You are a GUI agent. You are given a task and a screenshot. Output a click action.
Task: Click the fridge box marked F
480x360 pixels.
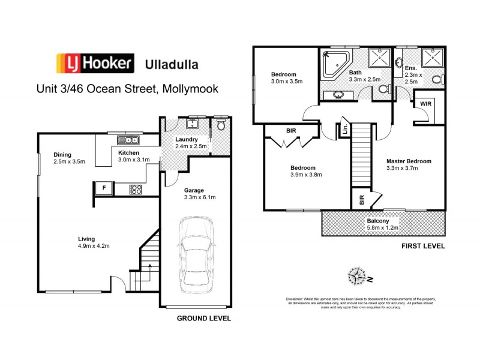click(x=104, y=188)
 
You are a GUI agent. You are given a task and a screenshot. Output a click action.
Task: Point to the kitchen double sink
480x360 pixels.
click(x=128, y=140)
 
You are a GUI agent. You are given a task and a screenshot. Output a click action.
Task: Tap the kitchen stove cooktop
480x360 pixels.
click(x=136, y=190)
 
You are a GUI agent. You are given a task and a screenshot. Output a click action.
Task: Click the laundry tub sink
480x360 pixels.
click(x=193, y=124)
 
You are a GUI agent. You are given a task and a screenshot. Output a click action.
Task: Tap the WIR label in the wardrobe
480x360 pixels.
click(x=425, y=104)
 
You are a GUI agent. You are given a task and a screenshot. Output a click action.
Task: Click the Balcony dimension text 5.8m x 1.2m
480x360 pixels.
click(x=382, y=228)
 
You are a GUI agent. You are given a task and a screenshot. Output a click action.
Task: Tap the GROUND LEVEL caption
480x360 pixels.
click(x=203, y=319)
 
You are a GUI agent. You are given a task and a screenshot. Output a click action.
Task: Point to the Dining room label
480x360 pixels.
click(x=62, y=154)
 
